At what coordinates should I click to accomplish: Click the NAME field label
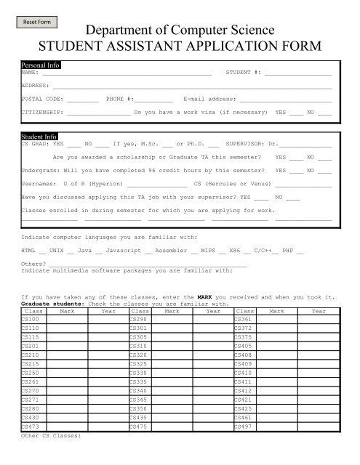(x=30, y=73)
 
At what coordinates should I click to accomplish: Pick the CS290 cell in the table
(x=137, y=340)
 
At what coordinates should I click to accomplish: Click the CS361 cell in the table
(x=244, y=340)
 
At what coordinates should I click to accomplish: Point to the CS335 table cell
(x=137, y=381)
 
